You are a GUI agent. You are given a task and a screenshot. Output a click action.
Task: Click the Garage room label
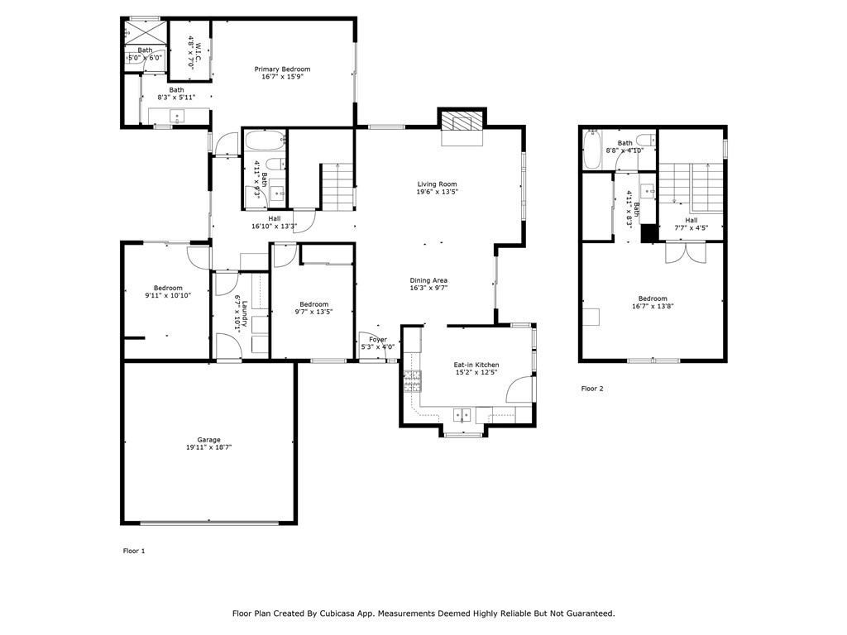(x=208, y=440)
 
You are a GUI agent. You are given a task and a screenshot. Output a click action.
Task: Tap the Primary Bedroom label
(x=282, y=69)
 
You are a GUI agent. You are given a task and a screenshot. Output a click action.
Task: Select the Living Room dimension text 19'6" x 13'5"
(x=437, y=192)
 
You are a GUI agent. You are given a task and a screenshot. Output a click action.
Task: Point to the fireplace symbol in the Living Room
(x=459, y=122)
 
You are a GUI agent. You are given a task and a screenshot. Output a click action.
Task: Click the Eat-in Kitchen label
(x=476, y=365)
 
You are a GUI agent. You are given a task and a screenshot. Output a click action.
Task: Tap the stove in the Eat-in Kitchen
(x=411, y=380)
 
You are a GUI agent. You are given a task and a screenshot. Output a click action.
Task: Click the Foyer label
(x=378, y=339)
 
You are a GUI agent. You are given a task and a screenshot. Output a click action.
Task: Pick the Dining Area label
(x=428, y=280)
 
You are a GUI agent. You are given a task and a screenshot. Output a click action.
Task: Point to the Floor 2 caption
(x=592, y=389)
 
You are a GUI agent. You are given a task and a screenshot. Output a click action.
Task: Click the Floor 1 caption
(x=134, y=551)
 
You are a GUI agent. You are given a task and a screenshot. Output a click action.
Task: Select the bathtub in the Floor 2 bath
(x=591, y=149)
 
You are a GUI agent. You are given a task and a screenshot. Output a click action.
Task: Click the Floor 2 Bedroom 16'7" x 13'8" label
(x=653, y=298)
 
